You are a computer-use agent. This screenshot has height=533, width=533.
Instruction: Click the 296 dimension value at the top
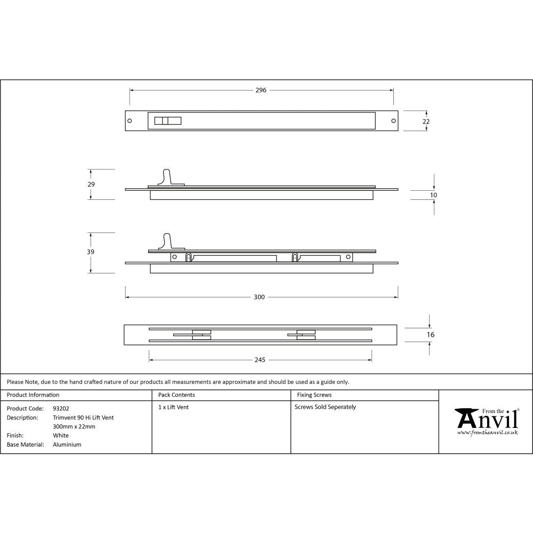coord(260,90)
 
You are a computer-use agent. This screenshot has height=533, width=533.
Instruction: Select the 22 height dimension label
coord(426,122)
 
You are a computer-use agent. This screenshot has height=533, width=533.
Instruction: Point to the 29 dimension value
coord(91,184)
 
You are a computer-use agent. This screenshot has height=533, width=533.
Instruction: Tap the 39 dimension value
coord(91,252)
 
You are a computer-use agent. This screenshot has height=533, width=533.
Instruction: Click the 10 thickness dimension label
coord(433,196)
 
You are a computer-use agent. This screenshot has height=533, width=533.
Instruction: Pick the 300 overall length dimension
coord(259,297)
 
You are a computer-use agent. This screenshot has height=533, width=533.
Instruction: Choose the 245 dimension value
coord(260,360)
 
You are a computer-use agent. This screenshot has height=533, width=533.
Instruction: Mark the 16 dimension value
coord(431,335)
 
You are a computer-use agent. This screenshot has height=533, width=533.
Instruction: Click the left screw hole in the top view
coord(130,120)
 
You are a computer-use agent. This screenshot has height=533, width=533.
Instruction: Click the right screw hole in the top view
coord(394,120)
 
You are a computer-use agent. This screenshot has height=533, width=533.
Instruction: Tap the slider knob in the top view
coord(167,120)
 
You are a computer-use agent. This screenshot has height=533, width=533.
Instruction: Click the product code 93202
coord(61,408)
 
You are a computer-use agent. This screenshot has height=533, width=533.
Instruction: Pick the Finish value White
coord(61,435)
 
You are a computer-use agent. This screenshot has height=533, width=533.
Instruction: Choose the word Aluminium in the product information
coord(67,445)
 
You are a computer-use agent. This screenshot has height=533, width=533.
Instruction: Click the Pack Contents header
coord(176,395)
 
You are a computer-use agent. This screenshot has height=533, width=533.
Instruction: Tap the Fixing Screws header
coord(314,395)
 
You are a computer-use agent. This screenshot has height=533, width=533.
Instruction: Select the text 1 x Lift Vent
coord(173,407)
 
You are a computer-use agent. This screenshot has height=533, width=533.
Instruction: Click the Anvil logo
coord(486,422)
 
